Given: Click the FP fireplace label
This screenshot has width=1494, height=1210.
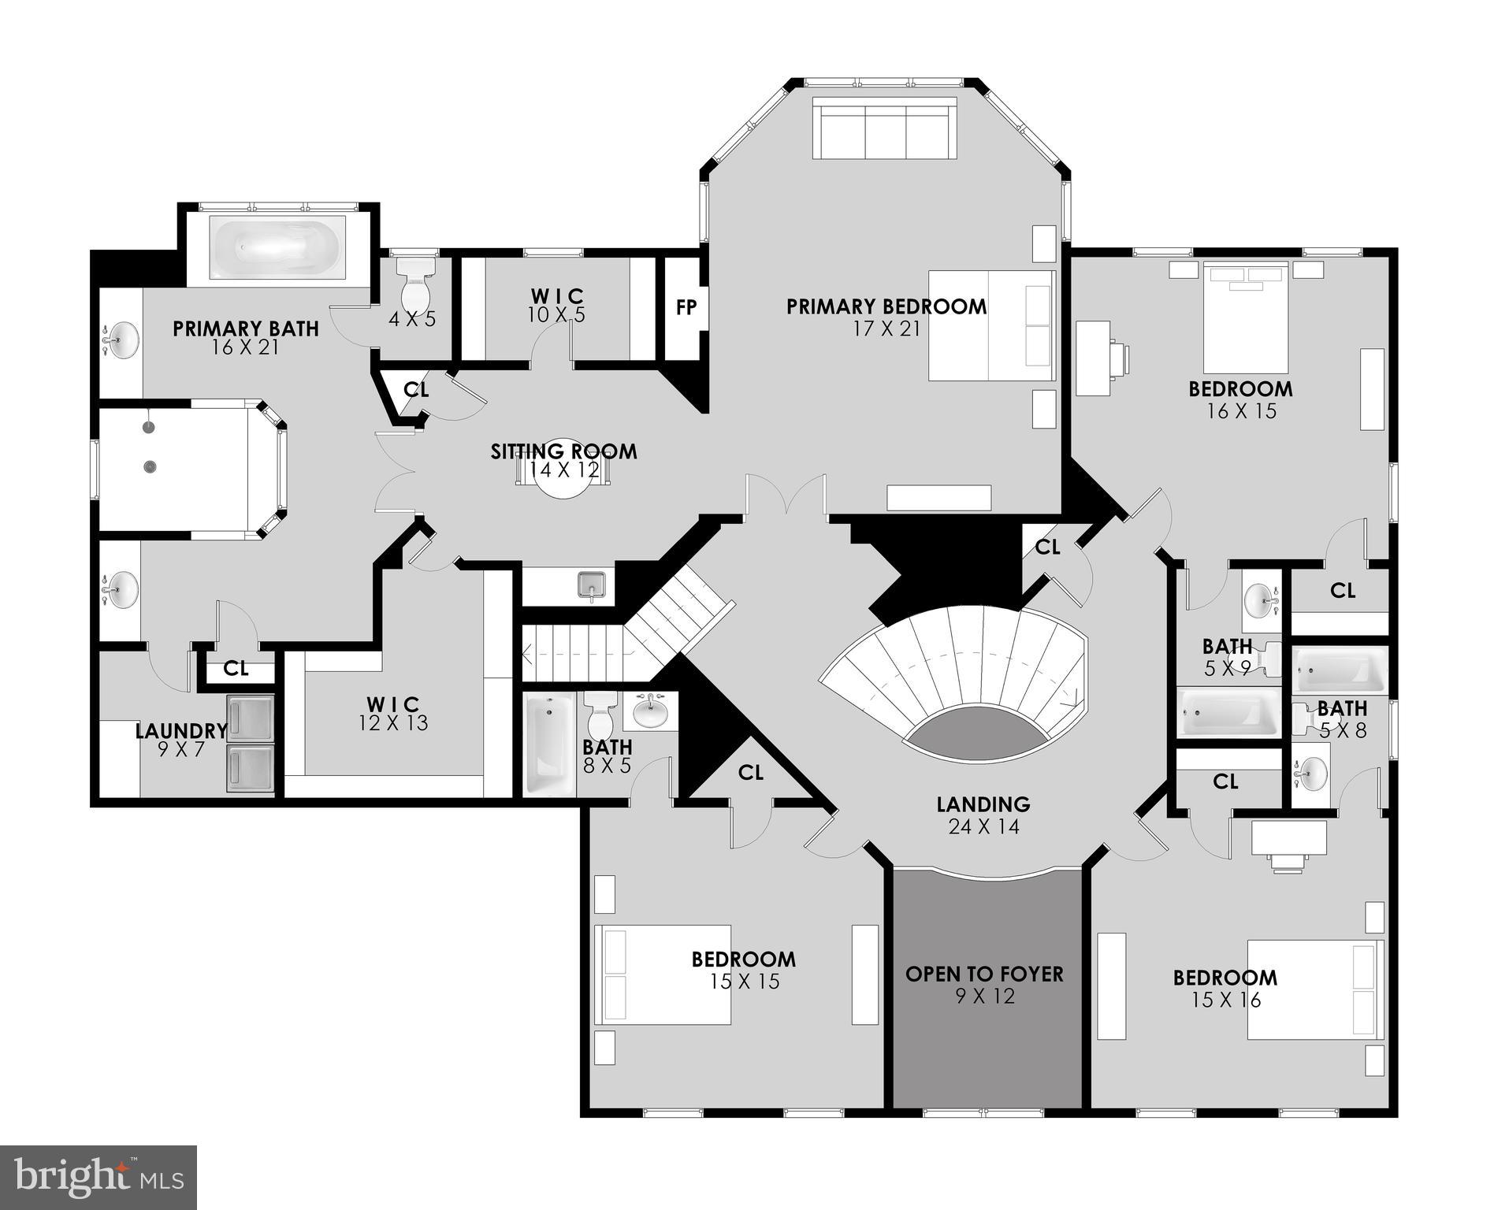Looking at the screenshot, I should point(686,307).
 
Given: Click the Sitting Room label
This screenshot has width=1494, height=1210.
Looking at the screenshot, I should point(563,452).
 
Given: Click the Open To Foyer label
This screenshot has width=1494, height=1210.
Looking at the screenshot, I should point(984,974).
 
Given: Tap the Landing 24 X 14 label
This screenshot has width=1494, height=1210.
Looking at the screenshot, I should point(983,815).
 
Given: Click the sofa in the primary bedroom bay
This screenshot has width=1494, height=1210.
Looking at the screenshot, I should point(884,129).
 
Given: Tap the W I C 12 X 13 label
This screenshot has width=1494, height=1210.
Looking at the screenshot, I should point(393,713).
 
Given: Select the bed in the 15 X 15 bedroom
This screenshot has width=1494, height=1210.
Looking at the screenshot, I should point(663,974).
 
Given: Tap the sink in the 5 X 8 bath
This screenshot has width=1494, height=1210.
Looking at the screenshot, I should point(1310,774).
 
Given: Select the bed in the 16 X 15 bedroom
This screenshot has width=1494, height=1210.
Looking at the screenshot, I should point(1245,318).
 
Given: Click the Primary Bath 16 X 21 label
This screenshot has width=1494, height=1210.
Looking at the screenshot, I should point(246,337).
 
